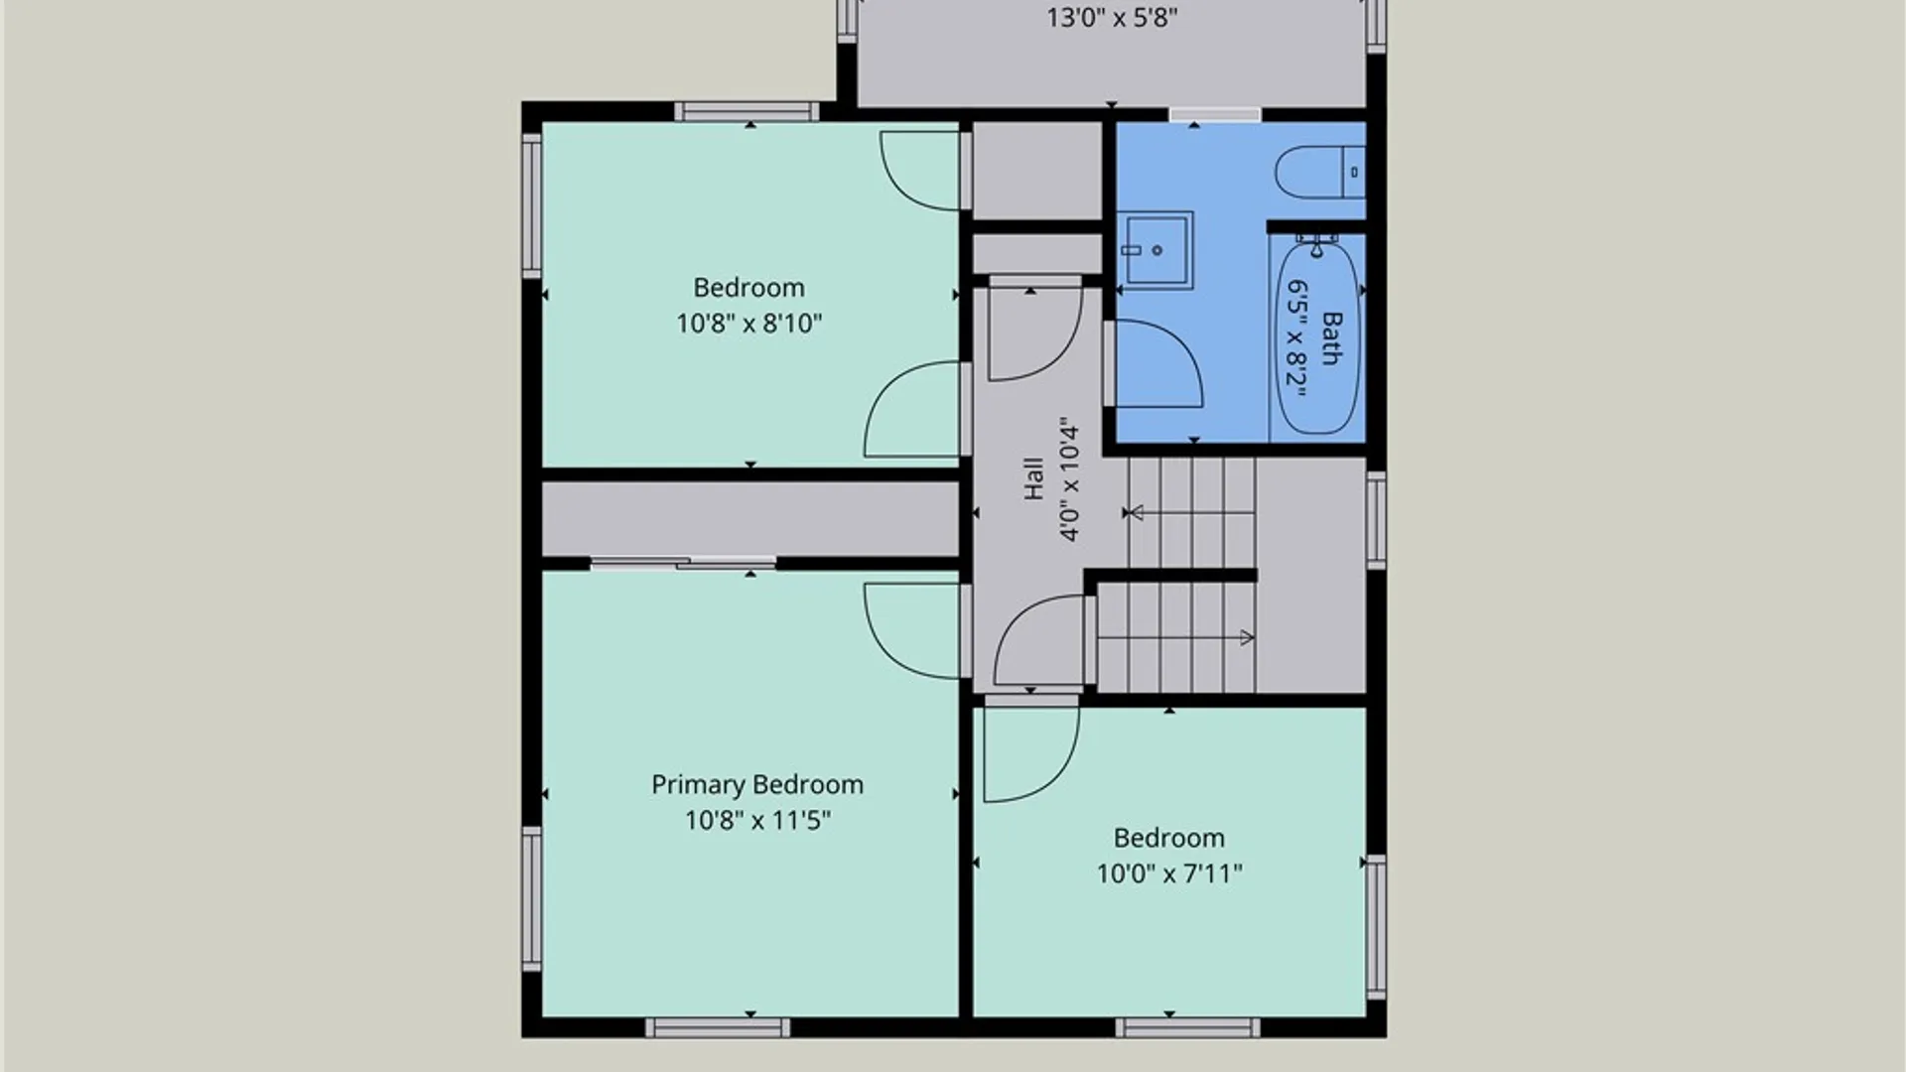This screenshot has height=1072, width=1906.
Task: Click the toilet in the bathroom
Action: (x=1321, y=172)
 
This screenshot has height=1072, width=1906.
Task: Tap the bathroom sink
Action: (x=1156, y=249)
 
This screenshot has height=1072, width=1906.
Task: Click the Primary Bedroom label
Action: (x=757, y=784)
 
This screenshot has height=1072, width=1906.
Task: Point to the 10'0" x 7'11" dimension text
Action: (x=1169, y=873)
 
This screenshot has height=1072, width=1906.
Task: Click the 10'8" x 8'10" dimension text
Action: (x=749, y=323)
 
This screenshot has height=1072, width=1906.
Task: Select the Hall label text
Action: (x=1033, y=478)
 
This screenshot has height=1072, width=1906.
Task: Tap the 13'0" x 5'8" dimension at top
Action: (x=1112, y=18)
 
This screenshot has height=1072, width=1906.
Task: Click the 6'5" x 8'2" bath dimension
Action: (x=1297, y=337)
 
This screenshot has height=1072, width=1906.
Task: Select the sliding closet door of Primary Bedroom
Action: (x=683, y=563)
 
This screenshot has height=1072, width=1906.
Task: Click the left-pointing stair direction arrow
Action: (x=1192, y=512)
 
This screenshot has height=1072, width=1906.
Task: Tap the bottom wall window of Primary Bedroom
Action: (x=718, y=1027)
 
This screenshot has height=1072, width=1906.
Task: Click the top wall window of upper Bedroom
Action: (x=747, y=111)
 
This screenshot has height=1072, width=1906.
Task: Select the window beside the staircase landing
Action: (x=1376, y=520)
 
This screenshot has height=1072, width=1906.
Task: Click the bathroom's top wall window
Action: (x=1214, y=115)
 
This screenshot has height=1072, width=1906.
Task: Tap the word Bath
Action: (x=1332, y=337)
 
